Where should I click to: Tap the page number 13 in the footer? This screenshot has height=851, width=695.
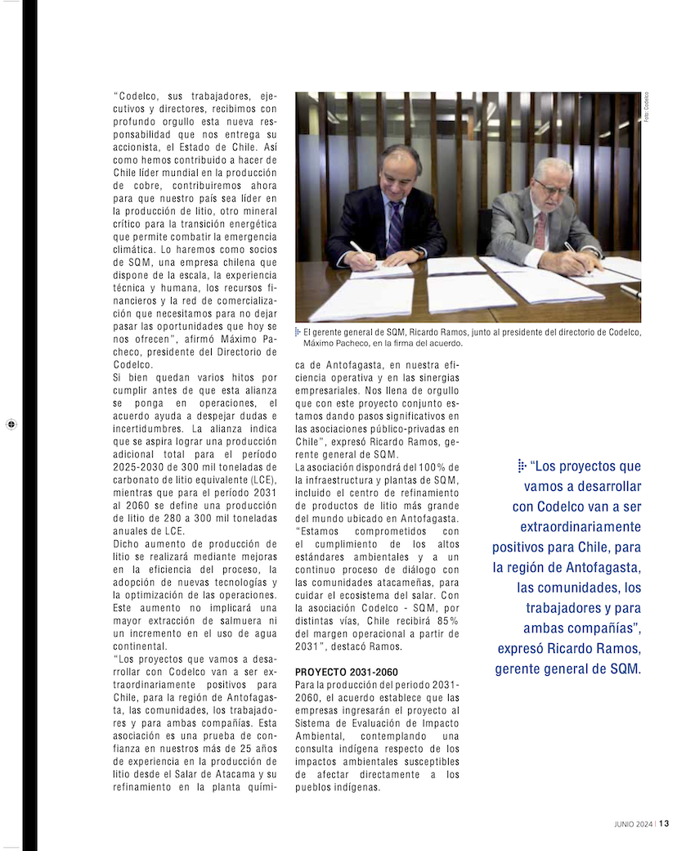(x=665, y=824)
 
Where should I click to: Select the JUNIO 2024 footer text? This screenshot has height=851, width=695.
(x=633, y=824)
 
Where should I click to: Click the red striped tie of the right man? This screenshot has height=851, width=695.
(x=540, y=231)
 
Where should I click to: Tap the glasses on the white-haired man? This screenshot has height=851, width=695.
(x=551, y=187)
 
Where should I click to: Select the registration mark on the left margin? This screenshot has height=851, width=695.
(x=11, y=424)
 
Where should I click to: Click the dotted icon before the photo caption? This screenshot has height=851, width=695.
(x=298, y=332)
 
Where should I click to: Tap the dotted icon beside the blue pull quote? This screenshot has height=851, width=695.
(x=522, y=466)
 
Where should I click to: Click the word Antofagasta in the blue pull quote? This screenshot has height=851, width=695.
(x=601, y=567)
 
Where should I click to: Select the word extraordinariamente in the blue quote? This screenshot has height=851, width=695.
(x=582, y=527)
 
